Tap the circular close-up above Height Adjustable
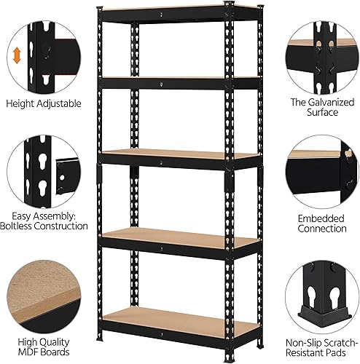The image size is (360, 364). [42, 50]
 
